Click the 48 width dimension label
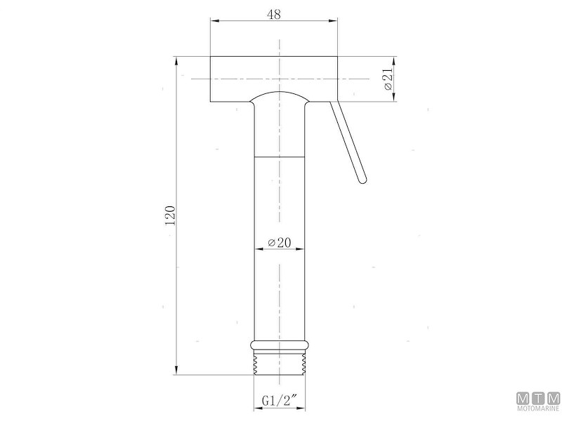pyautogui.click(x=274, y=14)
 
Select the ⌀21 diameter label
pyautogui.click(x=388, y=79)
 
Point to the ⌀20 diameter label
pyautogui.click(x=280, y=242)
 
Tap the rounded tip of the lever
pyautogui.click(x=362, y=180)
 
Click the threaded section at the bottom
pyautogui.click(x=280, y=362)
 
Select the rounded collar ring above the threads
pyautogui.click(x=280, y=345)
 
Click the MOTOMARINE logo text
pyautogui.click(x=538, y=409)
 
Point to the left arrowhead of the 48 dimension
pyautogui.click(x=215, y=21)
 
